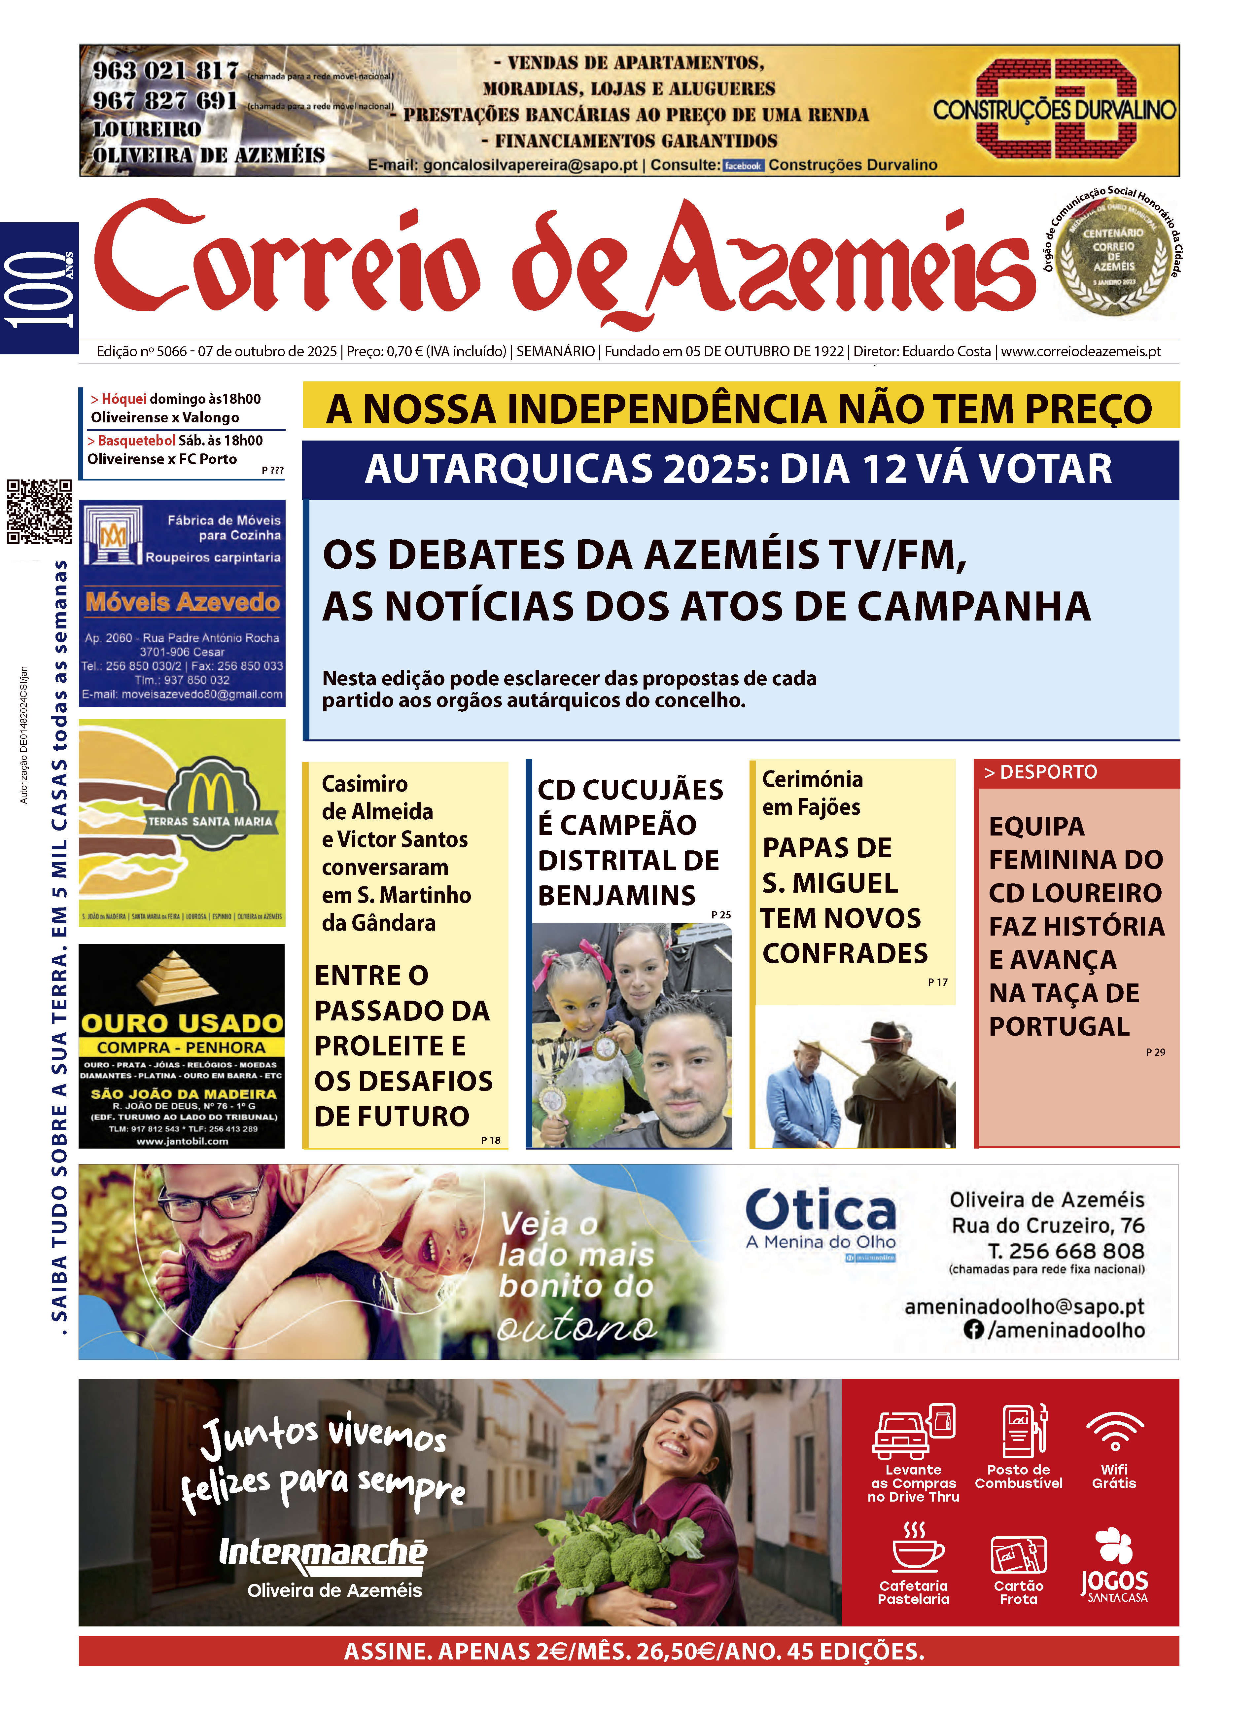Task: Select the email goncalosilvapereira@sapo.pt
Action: click(x=530, y=165)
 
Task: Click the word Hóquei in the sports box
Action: click(x=123, y=399)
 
